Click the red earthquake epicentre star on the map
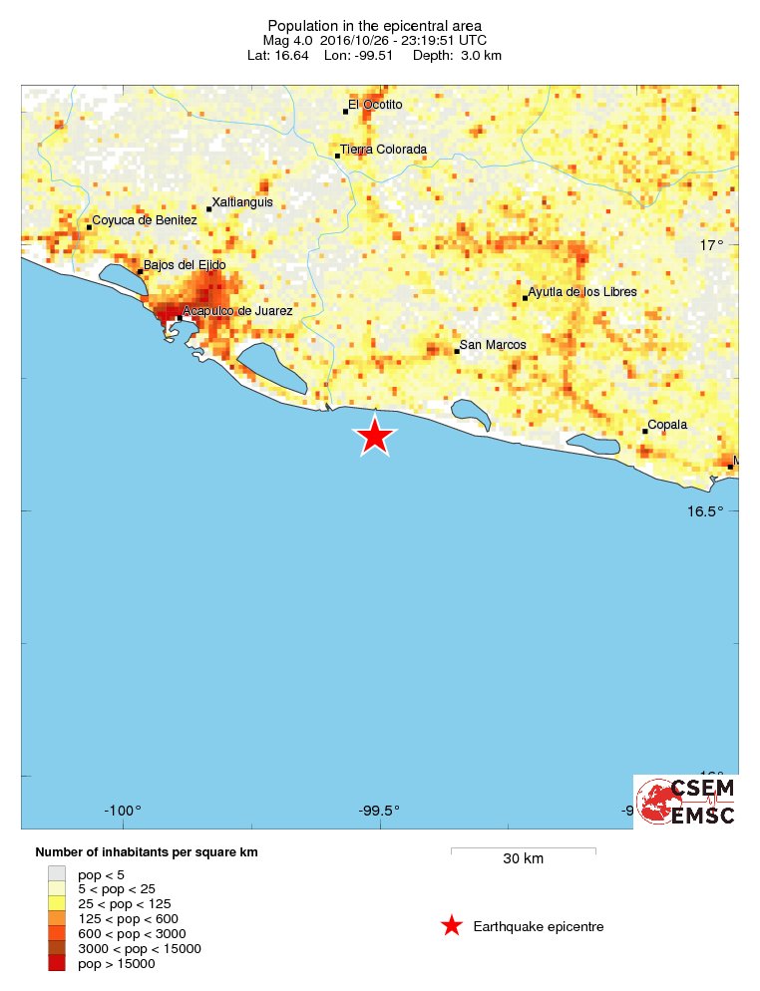374,436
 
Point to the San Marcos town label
492,345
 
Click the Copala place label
667,425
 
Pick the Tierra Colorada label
383,150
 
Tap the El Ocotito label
375,105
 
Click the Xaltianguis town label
242,202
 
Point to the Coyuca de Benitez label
138,220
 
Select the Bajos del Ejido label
185,265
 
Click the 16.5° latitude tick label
704,511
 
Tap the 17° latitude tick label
710,245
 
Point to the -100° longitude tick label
125,810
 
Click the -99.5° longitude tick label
379,810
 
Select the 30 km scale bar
523,850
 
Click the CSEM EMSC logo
686,801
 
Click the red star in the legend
452,926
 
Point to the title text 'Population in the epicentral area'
374,25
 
